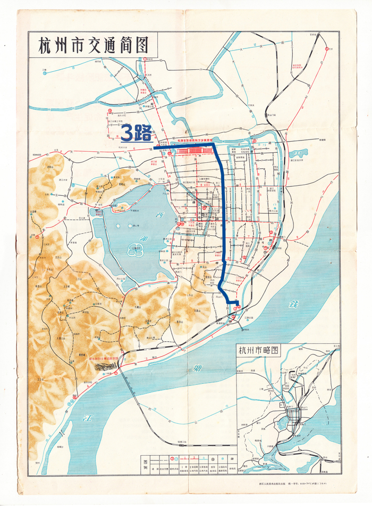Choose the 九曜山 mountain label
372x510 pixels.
[x=137, y=306]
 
